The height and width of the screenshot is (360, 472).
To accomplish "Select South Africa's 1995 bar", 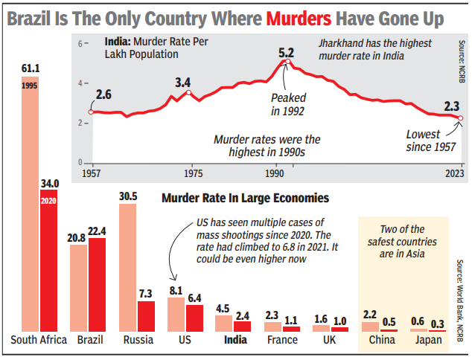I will pyautogui.click(x=31, y=208).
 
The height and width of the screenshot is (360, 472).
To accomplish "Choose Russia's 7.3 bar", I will pyautogui.click(x=146, y=315).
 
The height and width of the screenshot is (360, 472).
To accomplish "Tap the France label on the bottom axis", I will pyautogui.click(x=281, y=340).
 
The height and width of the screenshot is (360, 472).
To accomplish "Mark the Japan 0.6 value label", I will pyautogui.click(x=419, y=321).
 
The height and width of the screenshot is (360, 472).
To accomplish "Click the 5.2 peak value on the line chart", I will pyautogui.click(x=287, y=54).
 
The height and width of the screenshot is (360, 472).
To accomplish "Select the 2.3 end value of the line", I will pyautogui.click(x=452, y=106).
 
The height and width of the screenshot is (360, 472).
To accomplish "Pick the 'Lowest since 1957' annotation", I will pyautogui.click(x=430, y=141).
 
